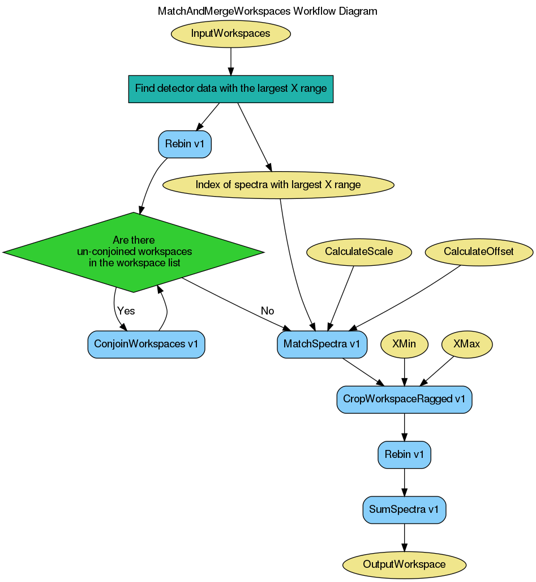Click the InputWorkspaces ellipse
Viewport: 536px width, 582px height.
(x=230, y=33)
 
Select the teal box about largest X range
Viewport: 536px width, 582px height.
(x=231, y=89)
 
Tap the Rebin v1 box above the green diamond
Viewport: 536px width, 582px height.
(x=185, y=144)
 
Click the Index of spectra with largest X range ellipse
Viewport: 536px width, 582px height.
(x=278, y=185)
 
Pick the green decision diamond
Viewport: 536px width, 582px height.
(x=134, y=252)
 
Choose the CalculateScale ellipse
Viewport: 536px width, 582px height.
(x=359, y=252)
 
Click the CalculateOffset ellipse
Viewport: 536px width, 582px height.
(x=479, y=252)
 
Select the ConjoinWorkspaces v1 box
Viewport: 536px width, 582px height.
(x=146, y=345)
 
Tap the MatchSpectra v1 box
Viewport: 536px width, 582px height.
(x=322, y=345)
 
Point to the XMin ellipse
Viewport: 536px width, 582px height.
(x=404, y=345)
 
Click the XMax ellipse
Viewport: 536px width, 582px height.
(x=467, y=345)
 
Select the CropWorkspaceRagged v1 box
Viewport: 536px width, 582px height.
(x=404, y=400)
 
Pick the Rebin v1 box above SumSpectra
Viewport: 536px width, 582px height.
(x=404, y=454)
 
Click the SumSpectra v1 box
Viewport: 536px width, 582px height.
(x=404, y=509)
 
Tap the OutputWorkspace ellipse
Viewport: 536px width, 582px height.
(x=404, y=564)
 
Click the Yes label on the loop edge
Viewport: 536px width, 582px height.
(x=126, y=311)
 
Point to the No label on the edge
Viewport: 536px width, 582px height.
(x=267, y=311)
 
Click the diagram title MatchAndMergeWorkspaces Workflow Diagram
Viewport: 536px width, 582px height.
(x=267, y=11)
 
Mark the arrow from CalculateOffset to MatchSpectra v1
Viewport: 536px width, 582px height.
(x=408, y=297)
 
